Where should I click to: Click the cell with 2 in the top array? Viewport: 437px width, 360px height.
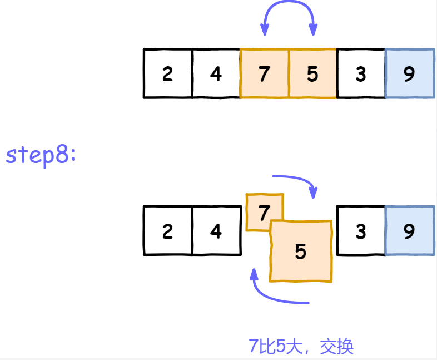[x=167, y=74]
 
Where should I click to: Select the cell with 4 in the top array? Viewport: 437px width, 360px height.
[x=216, y=74]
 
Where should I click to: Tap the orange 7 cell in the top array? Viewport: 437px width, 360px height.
[x=265, y=74]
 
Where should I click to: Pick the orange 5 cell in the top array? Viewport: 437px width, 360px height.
[x=312, y=74]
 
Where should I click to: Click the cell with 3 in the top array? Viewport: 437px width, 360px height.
[x=361, y=74]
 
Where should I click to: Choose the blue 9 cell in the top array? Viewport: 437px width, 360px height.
[x=409, y=74]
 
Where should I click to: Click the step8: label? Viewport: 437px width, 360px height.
[x=41, y=155]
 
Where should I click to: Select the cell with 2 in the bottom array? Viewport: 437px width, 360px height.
[x=167, y=231]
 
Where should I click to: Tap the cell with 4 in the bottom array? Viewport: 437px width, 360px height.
[x=216, y=231]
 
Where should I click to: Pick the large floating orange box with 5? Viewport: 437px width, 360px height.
[x=301, y=251]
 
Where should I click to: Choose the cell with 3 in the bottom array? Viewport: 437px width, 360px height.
[x=361, y=231]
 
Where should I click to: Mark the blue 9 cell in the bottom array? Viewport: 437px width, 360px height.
[x=409, y=231]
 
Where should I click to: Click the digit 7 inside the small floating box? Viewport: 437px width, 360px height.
[x=264, y=212]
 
